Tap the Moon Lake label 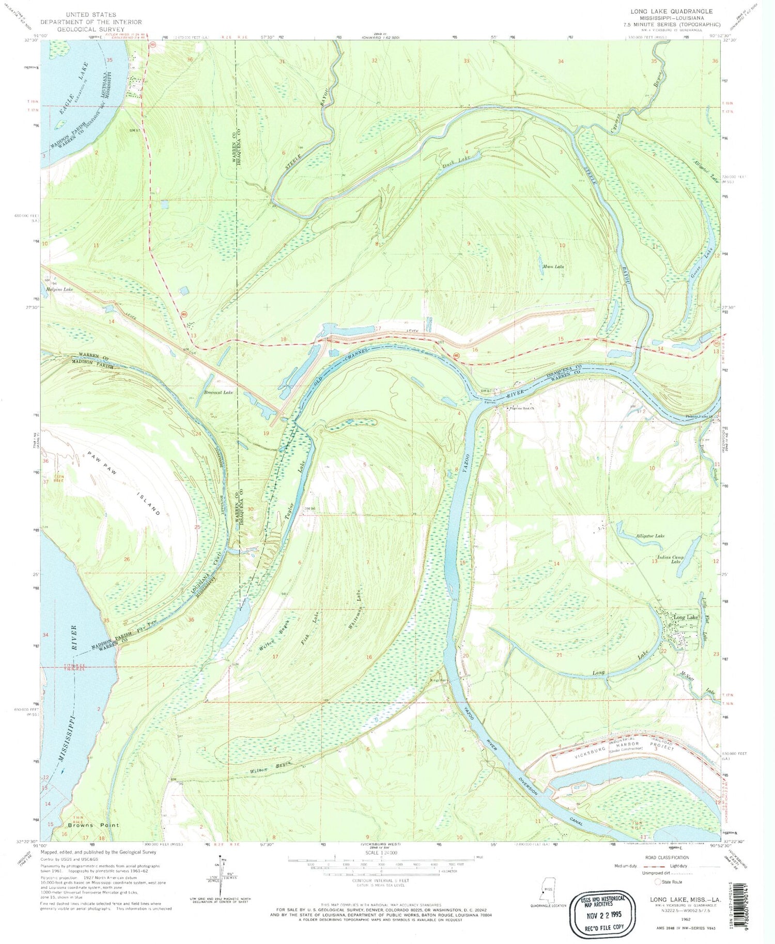[x=552, y=267]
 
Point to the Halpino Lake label [x=59, y=290]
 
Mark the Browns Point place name [x=93, y=825]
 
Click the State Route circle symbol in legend [x=659, y=882]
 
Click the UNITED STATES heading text [x=91, y=15]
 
